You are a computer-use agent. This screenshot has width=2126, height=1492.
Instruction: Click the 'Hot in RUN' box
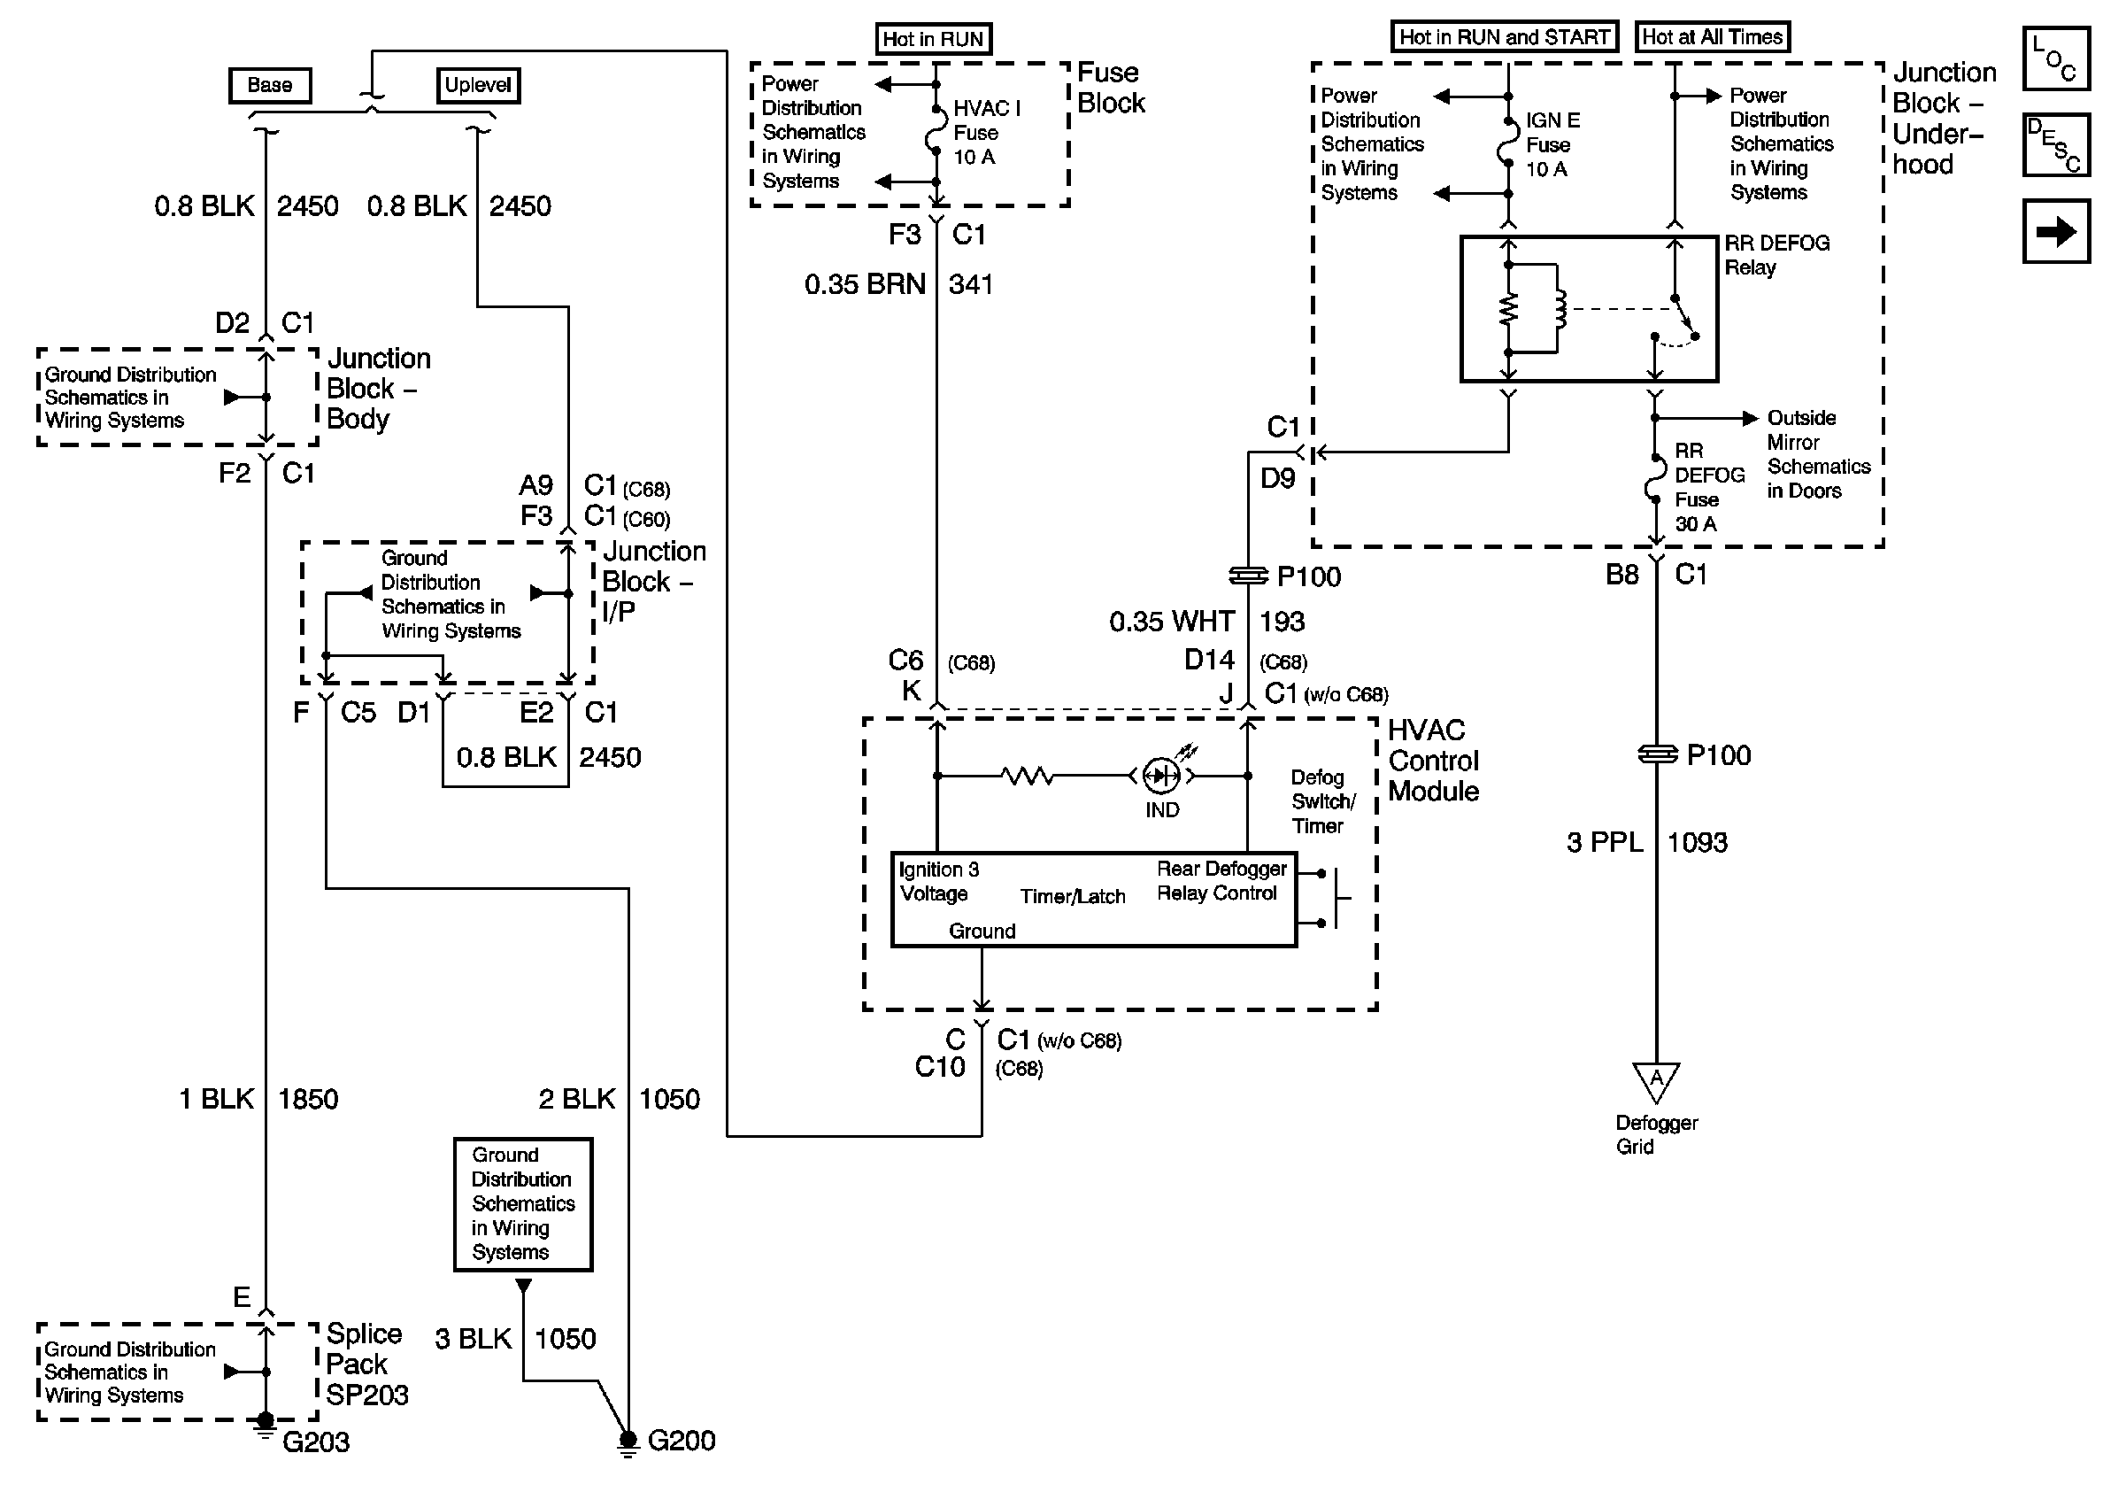point(932,39)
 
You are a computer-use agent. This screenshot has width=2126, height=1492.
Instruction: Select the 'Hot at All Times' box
point(1712,37)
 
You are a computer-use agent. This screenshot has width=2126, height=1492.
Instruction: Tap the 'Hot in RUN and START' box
point(1504,37)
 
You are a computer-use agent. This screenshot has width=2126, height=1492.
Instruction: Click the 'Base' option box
point(269,85)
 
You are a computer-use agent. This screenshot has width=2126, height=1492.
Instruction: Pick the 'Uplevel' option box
point(478,85)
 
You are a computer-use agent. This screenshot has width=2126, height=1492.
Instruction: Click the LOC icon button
point(2054,58)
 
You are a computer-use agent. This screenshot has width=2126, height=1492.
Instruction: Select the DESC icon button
point(2054,144)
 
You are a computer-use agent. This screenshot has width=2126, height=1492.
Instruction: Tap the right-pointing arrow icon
point(2055,230)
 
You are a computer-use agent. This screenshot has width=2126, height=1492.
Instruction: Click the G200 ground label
point(682,1440)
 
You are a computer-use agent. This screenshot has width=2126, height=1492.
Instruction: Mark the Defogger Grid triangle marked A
point(1656,1080)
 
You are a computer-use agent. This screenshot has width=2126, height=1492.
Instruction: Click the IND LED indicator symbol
point(1161,776)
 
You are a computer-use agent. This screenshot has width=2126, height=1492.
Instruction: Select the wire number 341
point(970,284)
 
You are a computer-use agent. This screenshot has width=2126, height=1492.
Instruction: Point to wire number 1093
point(1698,843)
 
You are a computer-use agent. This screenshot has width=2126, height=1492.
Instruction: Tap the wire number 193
point(1282,622)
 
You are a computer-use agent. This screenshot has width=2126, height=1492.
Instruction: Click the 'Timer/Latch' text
point(1072,896)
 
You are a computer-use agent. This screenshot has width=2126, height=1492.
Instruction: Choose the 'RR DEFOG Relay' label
point(1776,256)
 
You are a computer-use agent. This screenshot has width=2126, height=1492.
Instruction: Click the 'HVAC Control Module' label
point(1433,761)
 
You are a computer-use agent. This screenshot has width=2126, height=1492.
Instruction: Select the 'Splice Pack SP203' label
point(366,1364)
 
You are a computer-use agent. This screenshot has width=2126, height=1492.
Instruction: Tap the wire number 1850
point(308,1100)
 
